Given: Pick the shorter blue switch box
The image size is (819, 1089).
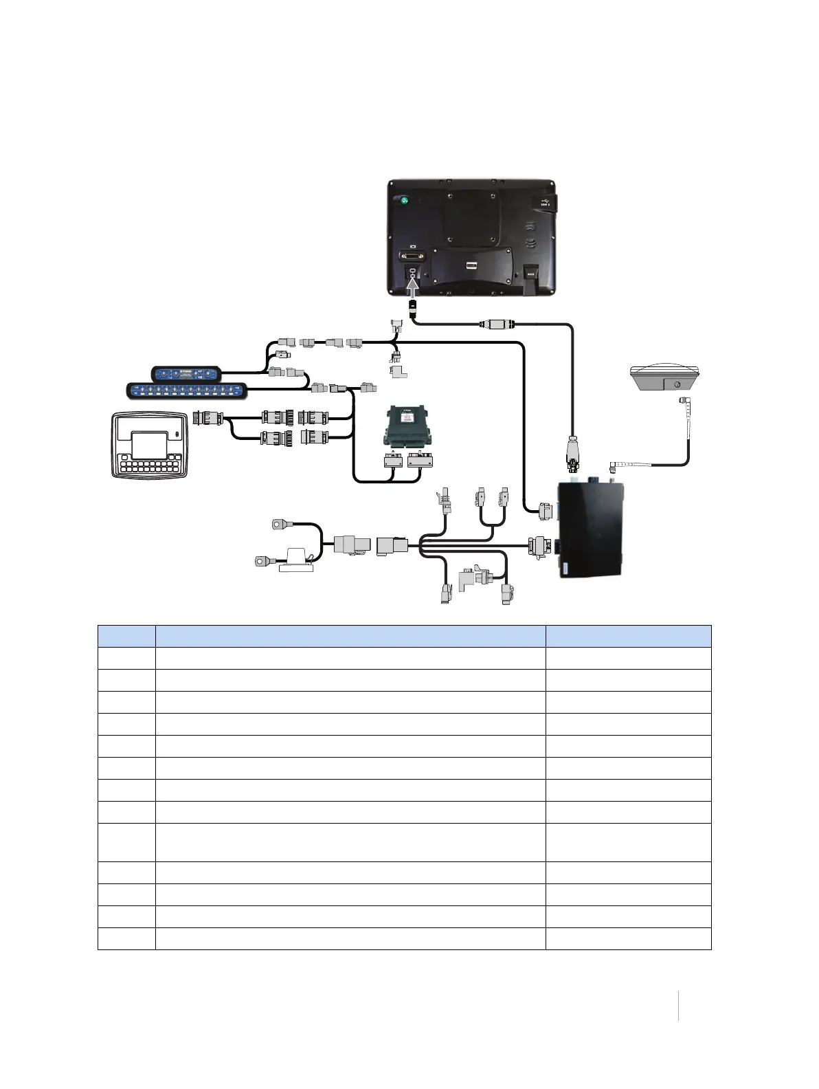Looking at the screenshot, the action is coord(186,374).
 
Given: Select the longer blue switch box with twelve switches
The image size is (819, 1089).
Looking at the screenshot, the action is coord(187,390).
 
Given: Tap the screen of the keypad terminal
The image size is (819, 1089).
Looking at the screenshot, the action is coord(149,445).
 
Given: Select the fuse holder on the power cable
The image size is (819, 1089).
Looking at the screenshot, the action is coord(297,561).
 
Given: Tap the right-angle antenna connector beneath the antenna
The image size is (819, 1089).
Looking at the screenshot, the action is coord(684,401).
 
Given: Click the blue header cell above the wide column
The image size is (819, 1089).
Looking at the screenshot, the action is coord(350,636).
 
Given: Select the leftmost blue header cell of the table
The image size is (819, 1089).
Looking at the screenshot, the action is coord(126,636).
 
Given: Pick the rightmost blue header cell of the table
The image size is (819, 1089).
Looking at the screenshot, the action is coord(628,636).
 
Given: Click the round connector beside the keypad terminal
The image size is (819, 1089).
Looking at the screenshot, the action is coord(206,417).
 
